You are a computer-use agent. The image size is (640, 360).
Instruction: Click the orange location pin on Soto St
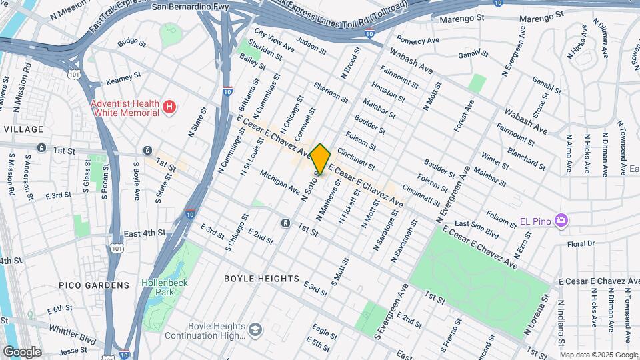point(320,159)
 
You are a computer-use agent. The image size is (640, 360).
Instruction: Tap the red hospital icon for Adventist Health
point(170,107)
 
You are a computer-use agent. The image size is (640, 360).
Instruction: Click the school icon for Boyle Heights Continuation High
point(255,329)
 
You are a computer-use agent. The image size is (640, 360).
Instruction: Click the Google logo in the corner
point(22,351)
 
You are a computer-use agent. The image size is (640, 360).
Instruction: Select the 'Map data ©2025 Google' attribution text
point(599,355)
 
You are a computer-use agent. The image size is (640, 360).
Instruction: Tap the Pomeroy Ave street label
point(418,40)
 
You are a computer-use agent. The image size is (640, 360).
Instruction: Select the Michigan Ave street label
point(280,181)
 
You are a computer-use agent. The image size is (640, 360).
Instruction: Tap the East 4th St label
point(144,233)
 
